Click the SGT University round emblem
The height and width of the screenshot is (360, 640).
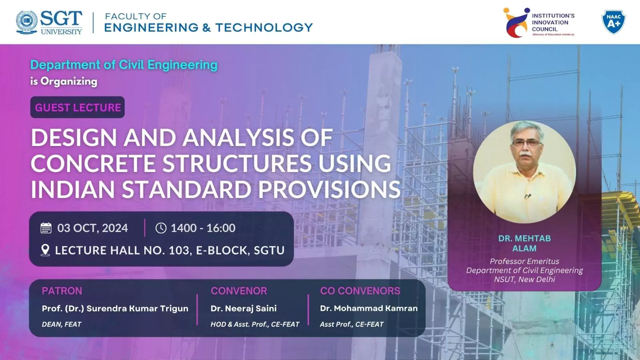(27, 22)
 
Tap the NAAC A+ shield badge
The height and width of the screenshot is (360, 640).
(614, 22)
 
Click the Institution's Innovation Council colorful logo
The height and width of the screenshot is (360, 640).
(516, 23)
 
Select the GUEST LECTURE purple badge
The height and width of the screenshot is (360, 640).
(78, 108)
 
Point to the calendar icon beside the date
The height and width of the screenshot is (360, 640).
(46, 228)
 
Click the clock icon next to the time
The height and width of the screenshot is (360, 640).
(161, 228)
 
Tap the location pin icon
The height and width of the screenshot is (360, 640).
(46, 250)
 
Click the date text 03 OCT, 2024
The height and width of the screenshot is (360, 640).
(92, 228)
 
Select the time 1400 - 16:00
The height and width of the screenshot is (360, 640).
(203, 228)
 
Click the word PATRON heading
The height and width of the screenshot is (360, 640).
(62, 291)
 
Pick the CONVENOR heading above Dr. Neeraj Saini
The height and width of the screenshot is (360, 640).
(239, 291)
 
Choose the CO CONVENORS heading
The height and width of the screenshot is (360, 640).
(360, 291)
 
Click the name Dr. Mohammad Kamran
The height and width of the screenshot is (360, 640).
(368, 308)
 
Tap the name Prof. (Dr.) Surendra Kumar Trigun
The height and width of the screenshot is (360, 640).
(115, 308)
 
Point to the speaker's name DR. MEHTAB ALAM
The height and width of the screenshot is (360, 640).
(524, 243)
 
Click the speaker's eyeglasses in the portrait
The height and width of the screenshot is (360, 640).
(526, 143)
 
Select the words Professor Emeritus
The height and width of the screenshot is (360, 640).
(524, 261)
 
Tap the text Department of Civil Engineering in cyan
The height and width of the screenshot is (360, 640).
(124, 65)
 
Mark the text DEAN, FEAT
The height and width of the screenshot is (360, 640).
(62, 324)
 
